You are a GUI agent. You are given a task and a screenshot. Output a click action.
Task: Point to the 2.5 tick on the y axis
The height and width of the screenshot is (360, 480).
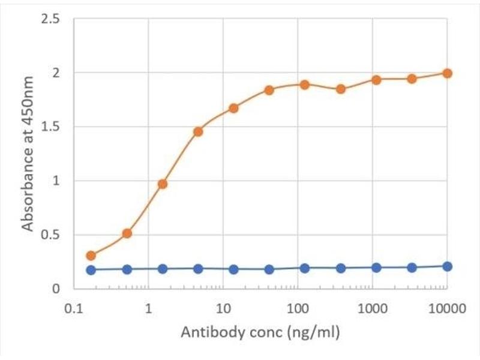pyautogui.click(x=52, y=19)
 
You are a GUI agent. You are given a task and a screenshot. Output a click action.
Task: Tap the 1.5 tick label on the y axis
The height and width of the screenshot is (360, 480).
pyautogui.click(x=52, y=127)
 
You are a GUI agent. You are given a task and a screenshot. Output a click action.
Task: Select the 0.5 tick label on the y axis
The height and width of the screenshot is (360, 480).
pyautogui.click(x=52, y=235)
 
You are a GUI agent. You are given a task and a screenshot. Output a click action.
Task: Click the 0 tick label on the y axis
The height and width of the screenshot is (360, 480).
pyautogui.click(x=56, y=289)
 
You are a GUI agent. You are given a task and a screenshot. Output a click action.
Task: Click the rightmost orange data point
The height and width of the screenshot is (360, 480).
pyautogui.click(x=446, y=73)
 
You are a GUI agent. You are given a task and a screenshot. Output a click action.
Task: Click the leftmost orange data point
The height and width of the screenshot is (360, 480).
pyautogui.click(x=91, y=256)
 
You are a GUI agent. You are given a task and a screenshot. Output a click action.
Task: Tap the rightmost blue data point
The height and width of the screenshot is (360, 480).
pyautogui.click(x=446, y=266)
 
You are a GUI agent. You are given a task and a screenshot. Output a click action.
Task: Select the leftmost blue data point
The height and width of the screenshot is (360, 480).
pyautogui.click(x=91, y=270)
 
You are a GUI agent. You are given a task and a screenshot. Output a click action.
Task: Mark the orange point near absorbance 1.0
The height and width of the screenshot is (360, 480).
pyautogui.click(x=162, y=184)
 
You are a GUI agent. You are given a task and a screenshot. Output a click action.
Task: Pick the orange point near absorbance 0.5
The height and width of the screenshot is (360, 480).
pyautogui.click(x=127, y=233)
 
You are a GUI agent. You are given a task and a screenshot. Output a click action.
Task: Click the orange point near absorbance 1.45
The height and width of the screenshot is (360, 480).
pyautogui.click(x=198, y=132)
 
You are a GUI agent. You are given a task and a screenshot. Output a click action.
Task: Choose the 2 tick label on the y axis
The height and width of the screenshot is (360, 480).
pyautogui.click(x=56, y=73)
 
